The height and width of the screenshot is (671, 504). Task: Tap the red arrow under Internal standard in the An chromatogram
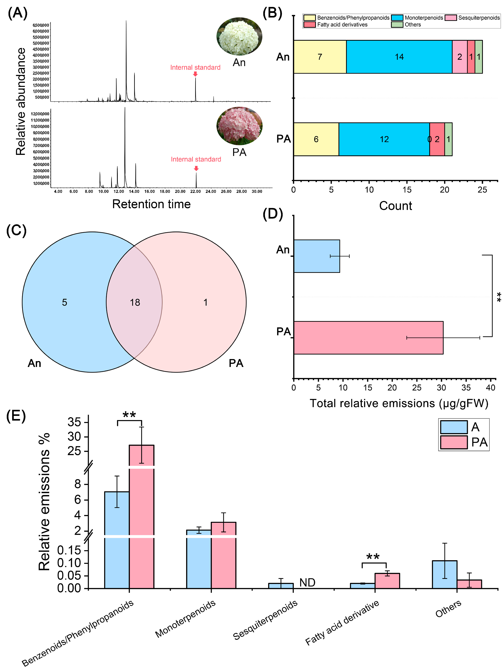pyautogui.click(x=195, y=74)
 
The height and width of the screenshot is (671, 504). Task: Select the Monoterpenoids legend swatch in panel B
pyautogui.click(x=397, y=18)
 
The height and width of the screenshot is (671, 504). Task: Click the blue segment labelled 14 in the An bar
pyautogui.click(x=399, y=57)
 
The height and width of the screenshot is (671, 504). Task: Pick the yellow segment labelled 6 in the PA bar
pyautogui.click(x=316, y=139)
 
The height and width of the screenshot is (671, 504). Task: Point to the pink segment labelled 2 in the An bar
pyautogui.click(x=459, y=57)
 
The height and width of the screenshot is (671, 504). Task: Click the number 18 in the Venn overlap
pyautogui.click(x=135, y=302)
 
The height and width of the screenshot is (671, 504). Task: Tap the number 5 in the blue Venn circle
pyautogui.click(x=65, y=302)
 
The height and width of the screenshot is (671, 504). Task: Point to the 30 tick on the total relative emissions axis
pyautogui.click(x=441, y=387)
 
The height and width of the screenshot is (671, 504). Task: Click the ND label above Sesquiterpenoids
pyautogui.click(x=307, y=582)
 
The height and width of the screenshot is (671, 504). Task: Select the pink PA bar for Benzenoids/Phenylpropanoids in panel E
pyautogui.click(x=142, y=501)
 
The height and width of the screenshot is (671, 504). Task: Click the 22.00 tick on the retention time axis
pyautogui.click(x=196, y=191)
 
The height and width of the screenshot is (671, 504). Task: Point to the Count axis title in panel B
pyautogui.click(x=395, y=206)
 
